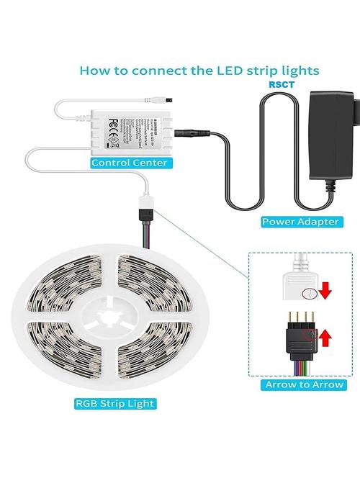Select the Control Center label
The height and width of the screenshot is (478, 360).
click(130, 163)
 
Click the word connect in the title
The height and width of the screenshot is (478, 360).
click(150, 71)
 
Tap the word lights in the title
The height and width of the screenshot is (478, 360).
click(294, 71)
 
